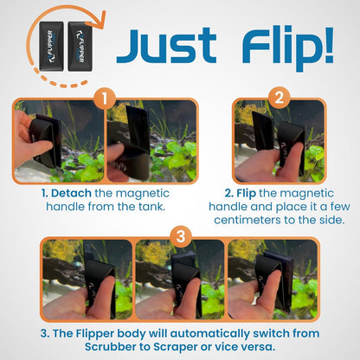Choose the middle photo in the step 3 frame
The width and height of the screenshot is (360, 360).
[x=180, y=279]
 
